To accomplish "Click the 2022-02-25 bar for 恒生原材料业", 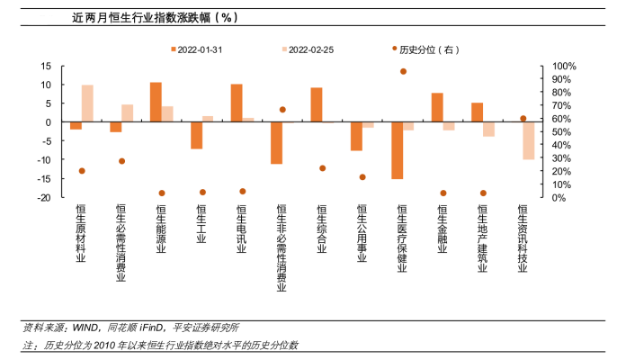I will (87, 103).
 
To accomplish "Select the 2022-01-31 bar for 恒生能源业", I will (156, 102).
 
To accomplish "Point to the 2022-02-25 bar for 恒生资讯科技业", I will (529, 140).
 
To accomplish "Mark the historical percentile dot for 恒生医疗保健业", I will (403, 71).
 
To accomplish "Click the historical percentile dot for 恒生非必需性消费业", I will (282, 110).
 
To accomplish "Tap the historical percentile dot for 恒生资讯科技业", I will (523, 118).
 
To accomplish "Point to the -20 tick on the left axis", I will (44, 197).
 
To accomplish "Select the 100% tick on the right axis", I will (563, 66).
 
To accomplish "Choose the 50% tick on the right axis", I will (561, 131).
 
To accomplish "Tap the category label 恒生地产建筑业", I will (482, 238).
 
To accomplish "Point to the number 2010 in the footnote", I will (106, 345).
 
